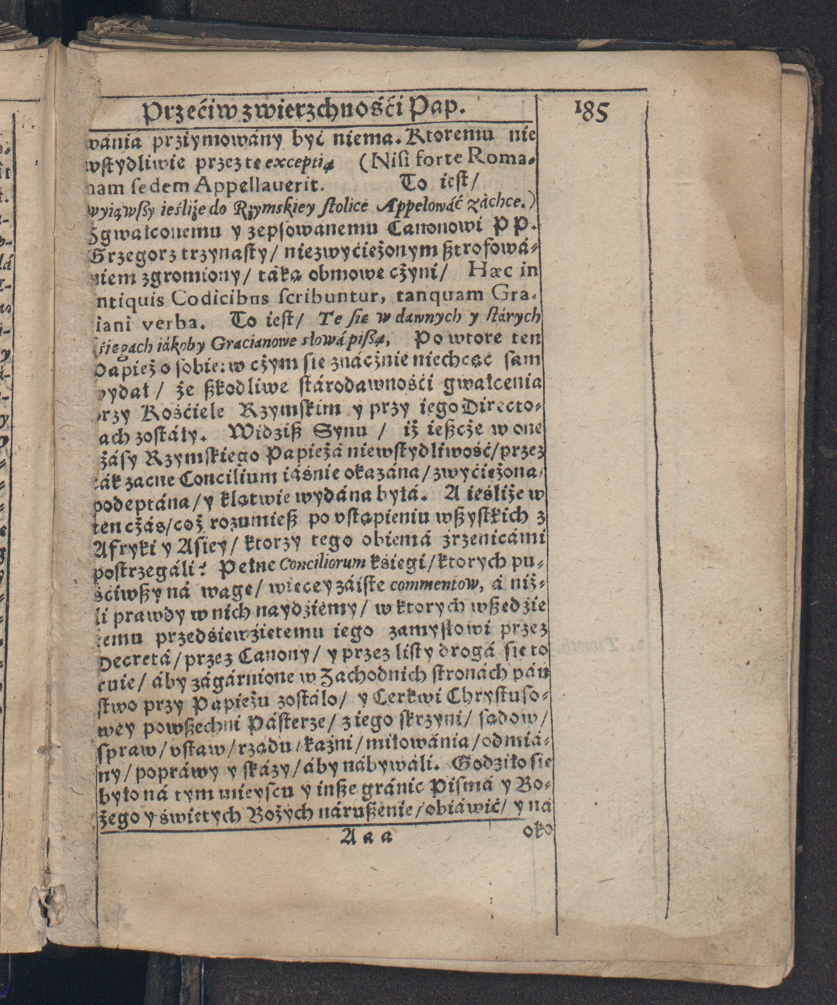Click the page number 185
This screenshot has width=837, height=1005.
(591, 113)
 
